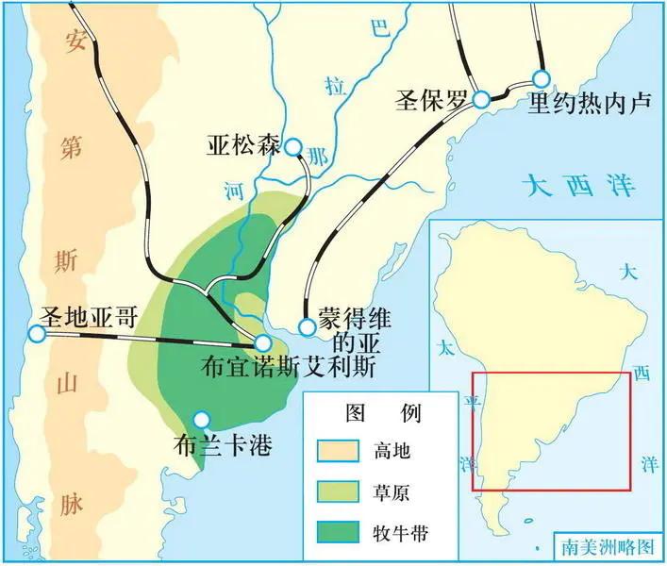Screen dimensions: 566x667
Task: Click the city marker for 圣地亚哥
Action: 37,334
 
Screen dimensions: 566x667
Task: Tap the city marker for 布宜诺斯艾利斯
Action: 263,343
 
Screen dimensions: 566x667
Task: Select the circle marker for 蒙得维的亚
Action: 307,327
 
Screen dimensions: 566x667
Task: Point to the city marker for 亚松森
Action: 293,147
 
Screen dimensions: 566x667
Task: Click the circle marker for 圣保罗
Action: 481,99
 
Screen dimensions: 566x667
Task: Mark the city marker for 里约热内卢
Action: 541,78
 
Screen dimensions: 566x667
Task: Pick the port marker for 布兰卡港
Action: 200,419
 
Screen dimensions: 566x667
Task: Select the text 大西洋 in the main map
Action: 579,183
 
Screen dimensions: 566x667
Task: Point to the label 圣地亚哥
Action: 88,317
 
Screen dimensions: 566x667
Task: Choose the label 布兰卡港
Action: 224,445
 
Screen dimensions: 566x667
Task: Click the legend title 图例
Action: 384,413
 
